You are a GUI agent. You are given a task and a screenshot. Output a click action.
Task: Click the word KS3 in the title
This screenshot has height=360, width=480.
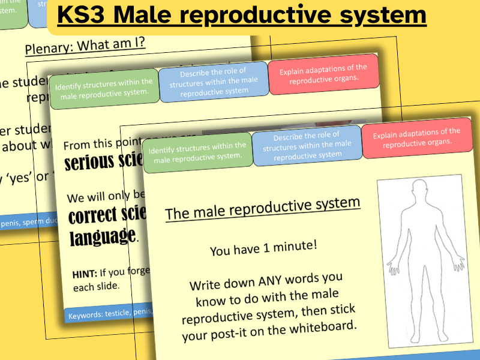pos(84,16)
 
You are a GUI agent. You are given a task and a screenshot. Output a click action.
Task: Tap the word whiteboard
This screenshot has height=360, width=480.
pos(317,326)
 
